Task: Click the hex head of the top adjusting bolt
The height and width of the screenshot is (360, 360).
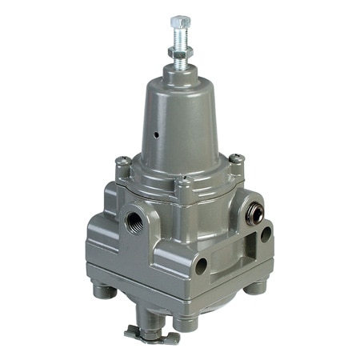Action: pos(180,21)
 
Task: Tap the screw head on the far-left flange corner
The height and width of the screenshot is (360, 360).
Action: pos(122,163)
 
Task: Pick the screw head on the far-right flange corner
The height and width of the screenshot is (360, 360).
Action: pos(237,160)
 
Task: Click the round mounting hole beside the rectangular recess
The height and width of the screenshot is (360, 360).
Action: pos(266,235)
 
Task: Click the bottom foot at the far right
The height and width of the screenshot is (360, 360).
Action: pos(258,285)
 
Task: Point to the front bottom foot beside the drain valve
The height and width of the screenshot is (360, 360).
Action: pos(186,322)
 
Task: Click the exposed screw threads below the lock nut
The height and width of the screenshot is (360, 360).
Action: pos(180,39)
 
